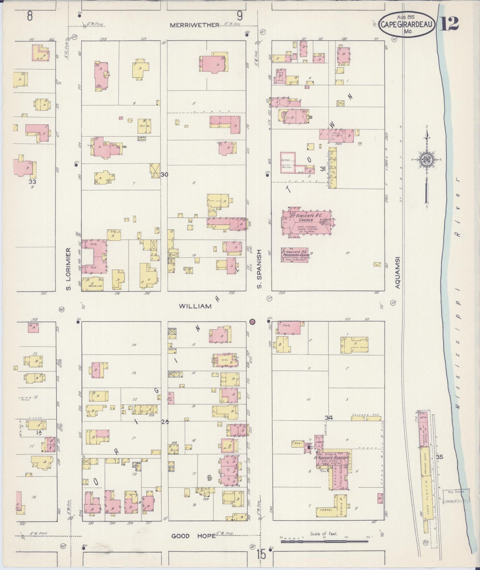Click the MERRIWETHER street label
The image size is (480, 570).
[195, 25]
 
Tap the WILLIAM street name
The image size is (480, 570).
[195, 306]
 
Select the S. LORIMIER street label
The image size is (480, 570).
[69, 268]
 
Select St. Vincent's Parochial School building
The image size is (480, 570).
[295, 255]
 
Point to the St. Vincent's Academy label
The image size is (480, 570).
[331, 458]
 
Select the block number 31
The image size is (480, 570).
[322, 169]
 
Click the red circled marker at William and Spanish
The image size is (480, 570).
[252, 322]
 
